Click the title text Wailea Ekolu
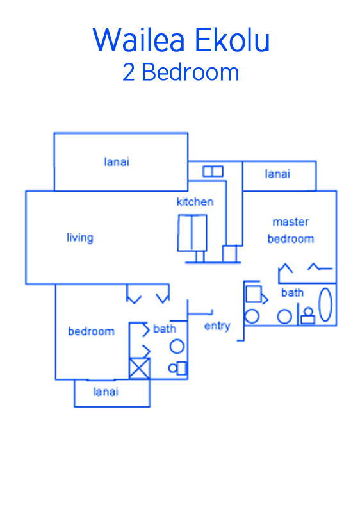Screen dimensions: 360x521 [x=181, y=40]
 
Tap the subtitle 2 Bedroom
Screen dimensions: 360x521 [x=181, y=72]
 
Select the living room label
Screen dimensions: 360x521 [x=80, y=238]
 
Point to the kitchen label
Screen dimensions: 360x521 [x=195, y=202]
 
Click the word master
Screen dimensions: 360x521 [x=291, y=222]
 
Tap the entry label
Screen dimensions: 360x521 [x=217, y=326]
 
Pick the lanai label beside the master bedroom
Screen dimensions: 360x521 [x=277, y=174]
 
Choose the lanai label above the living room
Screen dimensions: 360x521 [x=117, y=162]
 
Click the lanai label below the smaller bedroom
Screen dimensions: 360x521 [x=106, y=392]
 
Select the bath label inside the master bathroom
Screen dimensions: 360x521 [x=292, y=292]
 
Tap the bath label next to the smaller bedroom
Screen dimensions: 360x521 [x=165, y=329]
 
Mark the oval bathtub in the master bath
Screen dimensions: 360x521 [x=325, y=304]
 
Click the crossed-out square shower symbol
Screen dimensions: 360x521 [x=139, y=368]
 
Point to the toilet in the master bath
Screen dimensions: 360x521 [x=308, y=316]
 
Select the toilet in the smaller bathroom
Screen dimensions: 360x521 [x=177, y=368]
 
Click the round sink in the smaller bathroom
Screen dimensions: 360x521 [x=177, y=347]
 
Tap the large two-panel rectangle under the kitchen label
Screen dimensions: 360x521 [x=192, y=233]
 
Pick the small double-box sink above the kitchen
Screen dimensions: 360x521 [x=213, y=172]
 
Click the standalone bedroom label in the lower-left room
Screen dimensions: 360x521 [x=92, y=331]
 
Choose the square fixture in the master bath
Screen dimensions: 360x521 [x=254, y=295]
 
